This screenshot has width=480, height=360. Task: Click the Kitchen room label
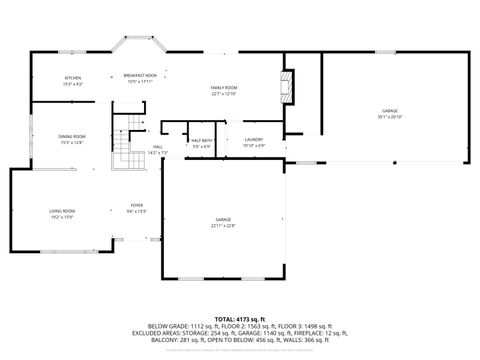(x=73, y=77)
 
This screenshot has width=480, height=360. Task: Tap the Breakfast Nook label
(x=141, y=75)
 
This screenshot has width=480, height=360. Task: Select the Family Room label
(x=224, y=89)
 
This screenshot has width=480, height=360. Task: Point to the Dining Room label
(x=73, y=136)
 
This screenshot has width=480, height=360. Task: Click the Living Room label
(x=63, y=210)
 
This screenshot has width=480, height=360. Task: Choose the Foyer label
(x=136, y=205)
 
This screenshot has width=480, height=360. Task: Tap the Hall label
(x=158, y=147)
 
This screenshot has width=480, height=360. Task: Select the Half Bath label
(x=201, y=140)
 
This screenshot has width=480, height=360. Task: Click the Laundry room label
(x=254, y=139)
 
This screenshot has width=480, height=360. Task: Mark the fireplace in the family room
(x=286, y=86)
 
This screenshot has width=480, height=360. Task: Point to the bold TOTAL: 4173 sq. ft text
(x=240, y=318)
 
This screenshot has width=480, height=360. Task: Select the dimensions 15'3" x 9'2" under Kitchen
(x=73, y=83)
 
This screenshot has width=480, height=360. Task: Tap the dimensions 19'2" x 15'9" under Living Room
(x=63, y=216)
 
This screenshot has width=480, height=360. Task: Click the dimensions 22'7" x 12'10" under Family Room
(x=224, y=95)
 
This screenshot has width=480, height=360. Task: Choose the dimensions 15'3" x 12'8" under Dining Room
(x=73, y=142)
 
